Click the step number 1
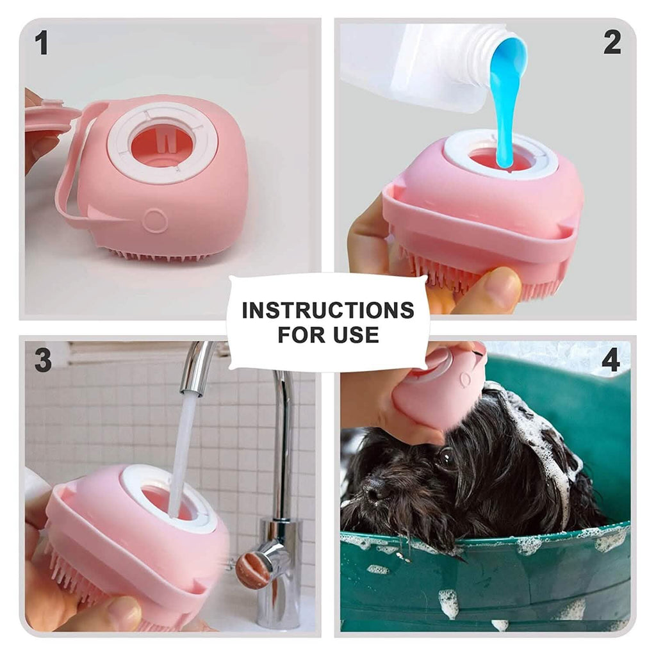pos(42,44)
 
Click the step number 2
pos(612,42)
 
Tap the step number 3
pos(42,361)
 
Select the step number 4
pos(611,361)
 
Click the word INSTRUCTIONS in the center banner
pos(327,310)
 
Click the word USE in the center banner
pos(356,334)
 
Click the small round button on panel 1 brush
pos(156,220)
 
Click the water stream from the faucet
pos(183,448)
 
